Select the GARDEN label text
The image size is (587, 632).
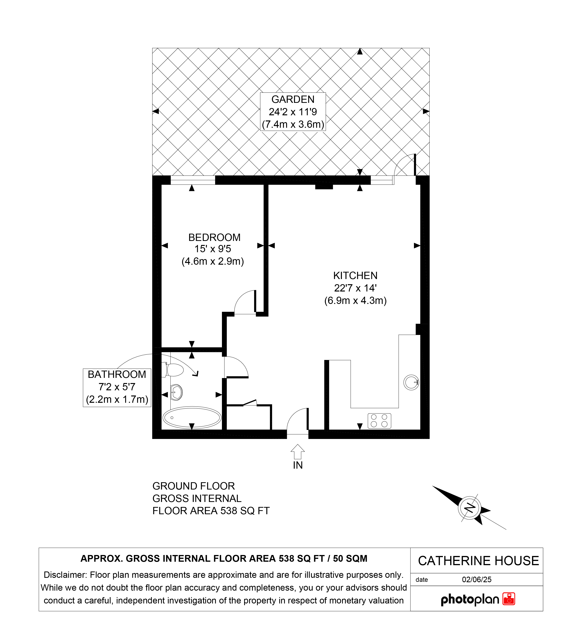tap(293, 99)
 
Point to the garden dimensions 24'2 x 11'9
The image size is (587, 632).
tap(293, 112)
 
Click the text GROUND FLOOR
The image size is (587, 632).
tap(194, 486)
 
